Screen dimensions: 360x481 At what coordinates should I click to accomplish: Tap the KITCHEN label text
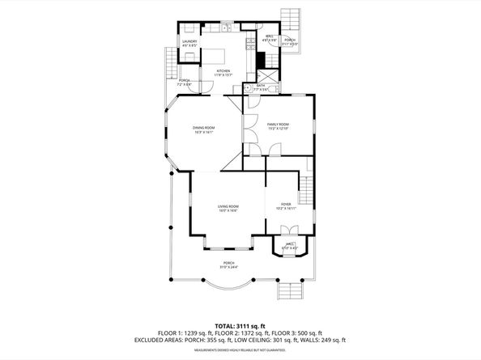coord(222,71)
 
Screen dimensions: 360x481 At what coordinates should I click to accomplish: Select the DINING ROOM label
coord(203,128)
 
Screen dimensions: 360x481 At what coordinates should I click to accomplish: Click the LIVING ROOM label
coord(228,207)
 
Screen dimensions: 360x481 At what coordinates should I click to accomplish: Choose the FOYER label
coord(286,204)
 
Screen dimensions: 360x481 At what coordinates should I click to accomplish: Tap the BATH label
coord(261,86)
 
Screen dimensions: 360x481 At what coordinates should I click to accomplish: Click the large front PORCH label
coord(229,264)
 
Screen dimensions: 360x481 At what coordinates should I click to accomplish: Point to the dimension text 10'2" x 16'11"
coord(286,209)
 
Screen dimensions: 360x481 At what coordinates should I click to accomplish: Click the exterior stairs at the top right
coord(289,18)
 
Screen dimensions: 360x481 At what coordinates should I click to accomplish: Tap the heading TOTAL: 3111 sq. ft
coord(240,324)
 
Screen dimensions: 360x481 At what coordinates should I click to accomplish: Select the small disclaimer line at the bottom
coord(240,351)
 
